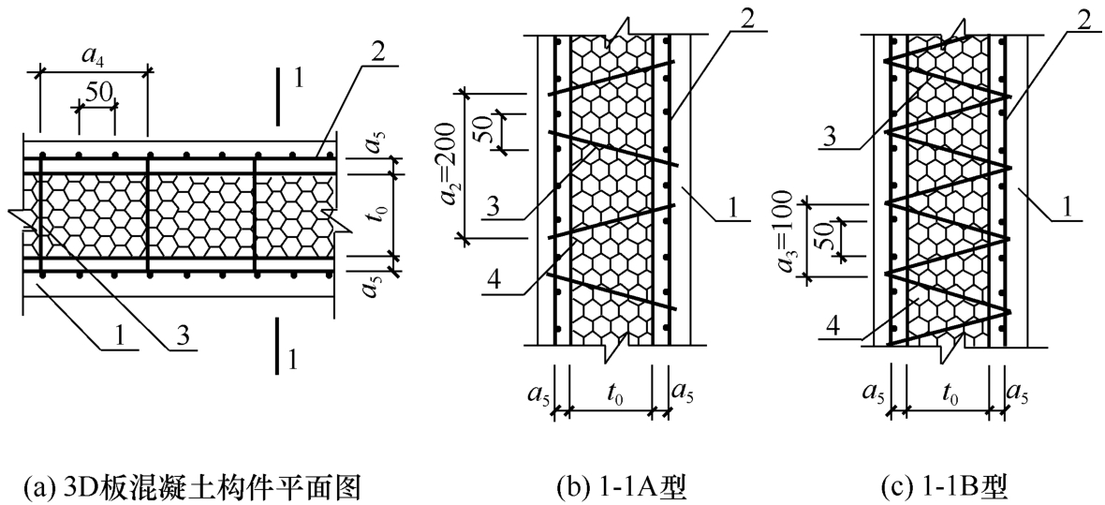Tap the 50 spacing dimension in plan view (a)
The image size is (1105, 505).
[x=98, y=93]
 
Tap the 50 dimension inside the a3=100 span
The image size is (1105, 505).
[x=823, y=237]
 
